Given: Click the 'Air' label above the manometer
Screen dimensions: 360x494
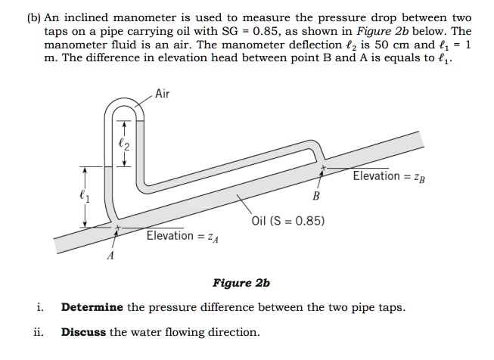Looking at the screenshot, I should pos(163,94).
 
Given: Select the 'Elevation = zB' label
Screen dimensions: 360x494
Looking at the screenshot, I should pos(387,176).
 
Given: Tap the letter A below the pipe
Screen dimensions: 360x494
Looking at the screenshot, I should pos(111,256).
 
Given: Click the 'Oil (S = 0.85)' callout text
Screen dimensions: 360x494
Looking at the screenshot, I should pos(289,221).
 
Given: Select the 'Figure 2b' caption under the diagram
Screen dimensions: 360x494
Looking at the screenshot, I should pos(241,284).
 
